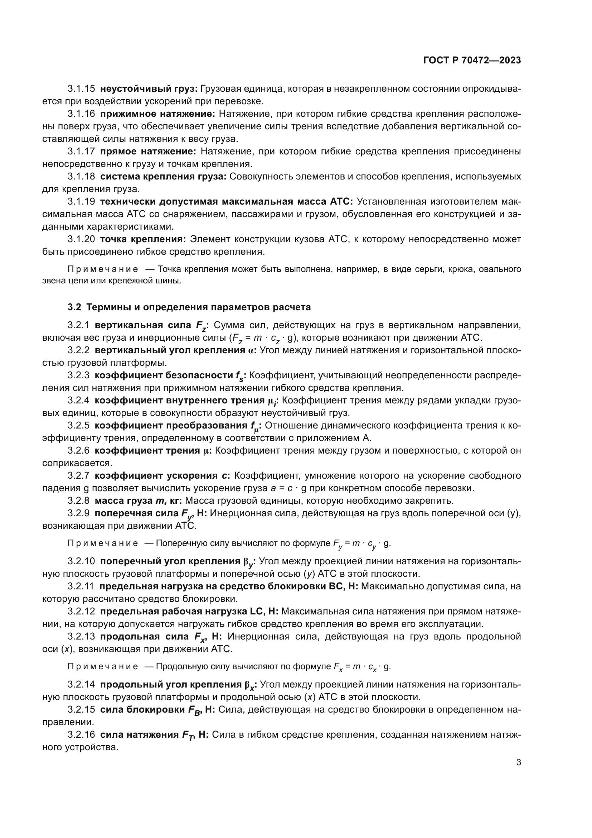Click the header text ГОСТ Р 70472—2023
click(x=472, y=61)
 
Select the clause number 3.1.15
click(x=81, y=89)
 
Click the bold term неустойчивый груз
click(x=149, y=89)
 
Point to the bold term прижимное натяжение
click(x=158, y=114)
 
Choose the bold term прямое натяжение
click(x=149, y=151)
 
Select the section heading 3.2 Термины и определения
click(x=189, y=307)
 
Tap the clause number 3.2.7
click(x=78, y=475)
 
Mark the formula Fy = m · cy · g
click(x=361, y=543)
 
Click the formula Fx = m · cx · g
click(x=362, y=667)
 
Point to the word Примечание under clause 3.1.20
click(x=103, y=269)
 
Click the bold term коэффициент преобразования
click(x=171, y=426)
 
